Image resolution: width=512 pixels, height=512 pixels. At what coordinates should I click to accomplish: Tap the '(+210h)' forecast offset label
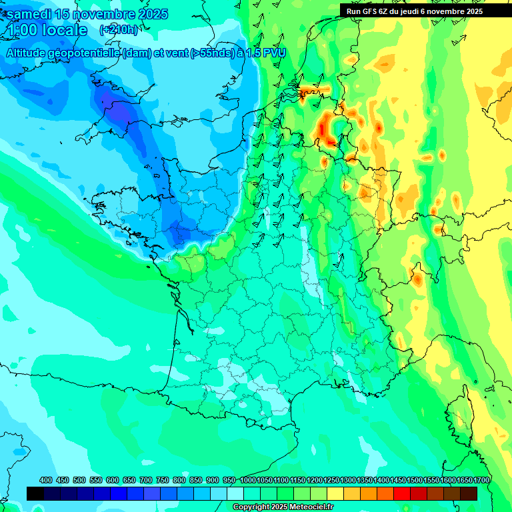point(119,29)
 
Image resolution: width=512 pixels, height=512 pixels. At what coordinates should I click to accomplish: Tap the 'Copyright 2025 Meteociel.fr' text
point(283,507)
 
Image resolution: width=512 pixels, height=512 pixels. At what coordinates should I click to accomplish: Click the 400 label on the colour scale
point(46,480)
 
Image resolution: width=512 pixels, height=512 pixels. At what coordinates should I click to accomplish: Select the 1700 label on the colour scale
point(481,480)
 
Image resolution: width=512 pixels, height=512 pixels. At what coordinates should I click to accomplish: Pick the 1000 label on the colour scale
point(248,480)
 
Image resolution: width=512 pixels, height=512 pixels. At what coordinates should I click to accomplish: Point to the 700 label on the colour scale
point(146,480)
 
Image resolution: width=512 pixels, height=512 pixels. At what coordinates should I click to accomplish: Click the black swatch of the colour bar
point(35,493)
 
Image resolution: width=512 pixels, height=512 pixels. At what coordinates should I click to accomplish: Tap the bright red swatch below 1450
point(402,493)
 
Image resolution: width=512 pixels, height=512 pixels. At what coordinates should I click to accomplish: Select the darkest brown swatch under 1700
point(469,493)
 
